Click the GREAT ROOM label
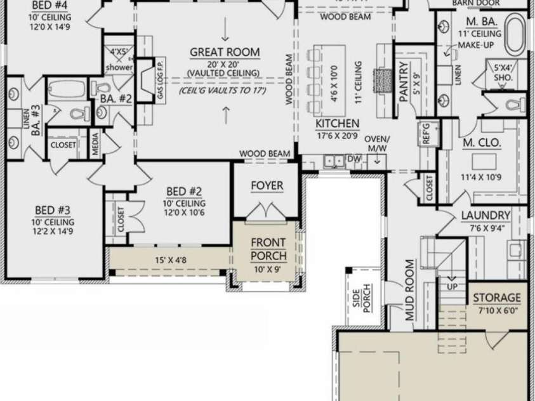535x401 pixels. click(x=227, y=52)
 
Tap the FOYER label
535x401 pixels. click(x=267, y=185)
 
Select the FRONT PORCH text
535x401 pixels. click(x=268, y=249)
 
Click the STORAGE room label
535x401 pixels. click(x=497, y=297)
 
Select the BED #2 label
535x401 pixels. click(x=184, y=191)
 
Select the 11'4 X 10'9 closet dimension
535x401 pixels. click(x=481, y=176)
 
